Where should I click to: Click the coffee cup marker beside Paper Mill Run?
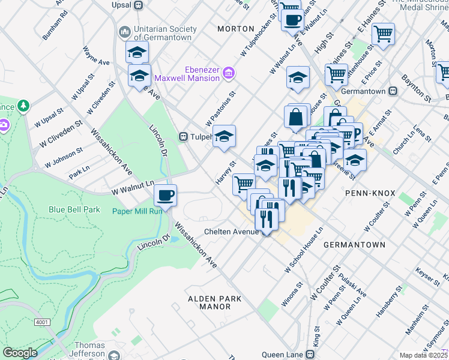coord(166,194)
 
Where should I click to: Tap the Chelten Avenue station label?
coord(231,232)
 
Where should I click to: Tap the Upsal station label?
coord(121,5)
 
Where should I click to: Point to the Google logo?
coord(20,353)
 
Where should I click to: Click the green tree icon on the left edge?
coord(23,106)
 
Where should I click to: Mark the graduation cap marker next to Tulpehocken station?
coord(224,136)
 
